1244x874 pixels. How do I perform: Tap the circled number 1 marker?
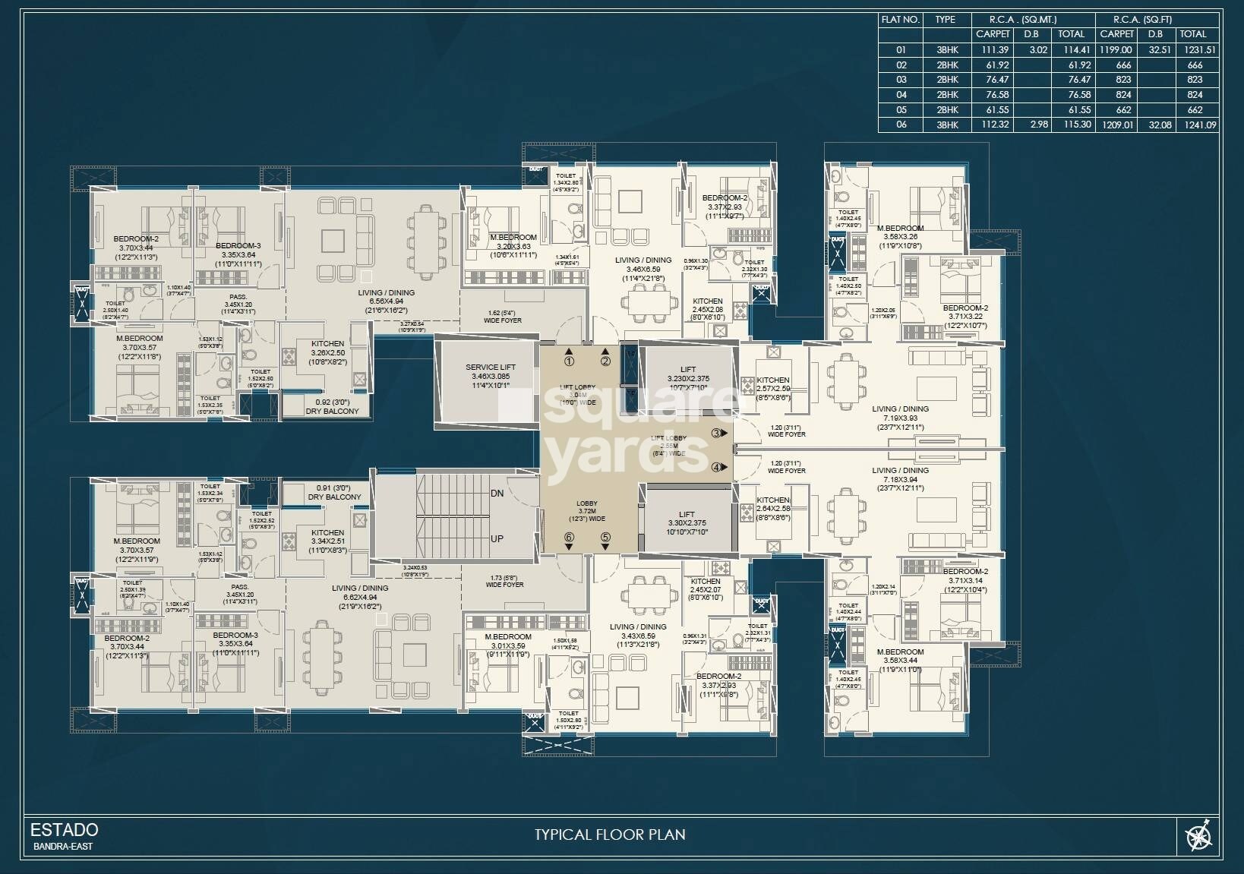[x=569, y=361]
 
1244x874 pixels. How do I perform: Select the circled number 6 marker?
[x=569, y=537]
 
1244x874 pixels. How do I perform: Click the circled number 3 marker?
[x=716, y=433]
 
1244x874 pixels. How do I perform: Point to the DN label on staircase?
[x=497, y=494]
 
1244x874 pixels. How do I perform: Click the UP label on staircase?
[x=497, y=538]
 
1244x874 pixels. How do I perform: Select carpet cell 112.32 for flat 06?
[x=993, y=125]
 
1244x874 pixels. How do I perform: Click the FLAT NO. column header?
[x=900, y=20]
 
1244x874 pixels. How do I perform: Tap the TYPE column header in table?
[x=946, y=20]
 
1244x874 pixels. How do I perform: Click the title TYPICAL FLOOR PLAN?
[x=610, y=835]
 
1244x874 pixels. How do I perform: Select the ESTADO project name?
[x=65, y=829]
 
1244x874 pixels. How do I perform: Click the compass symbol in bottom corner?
[x=1199, y=837]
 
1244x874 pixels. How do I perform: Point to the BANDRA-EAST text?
[x=63, y=846]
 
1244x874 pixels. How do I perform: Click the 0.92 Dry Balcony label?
[x=332, y=406]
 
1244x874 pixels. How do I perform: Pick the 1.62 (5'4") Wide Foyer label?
[x=502, y=316]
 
